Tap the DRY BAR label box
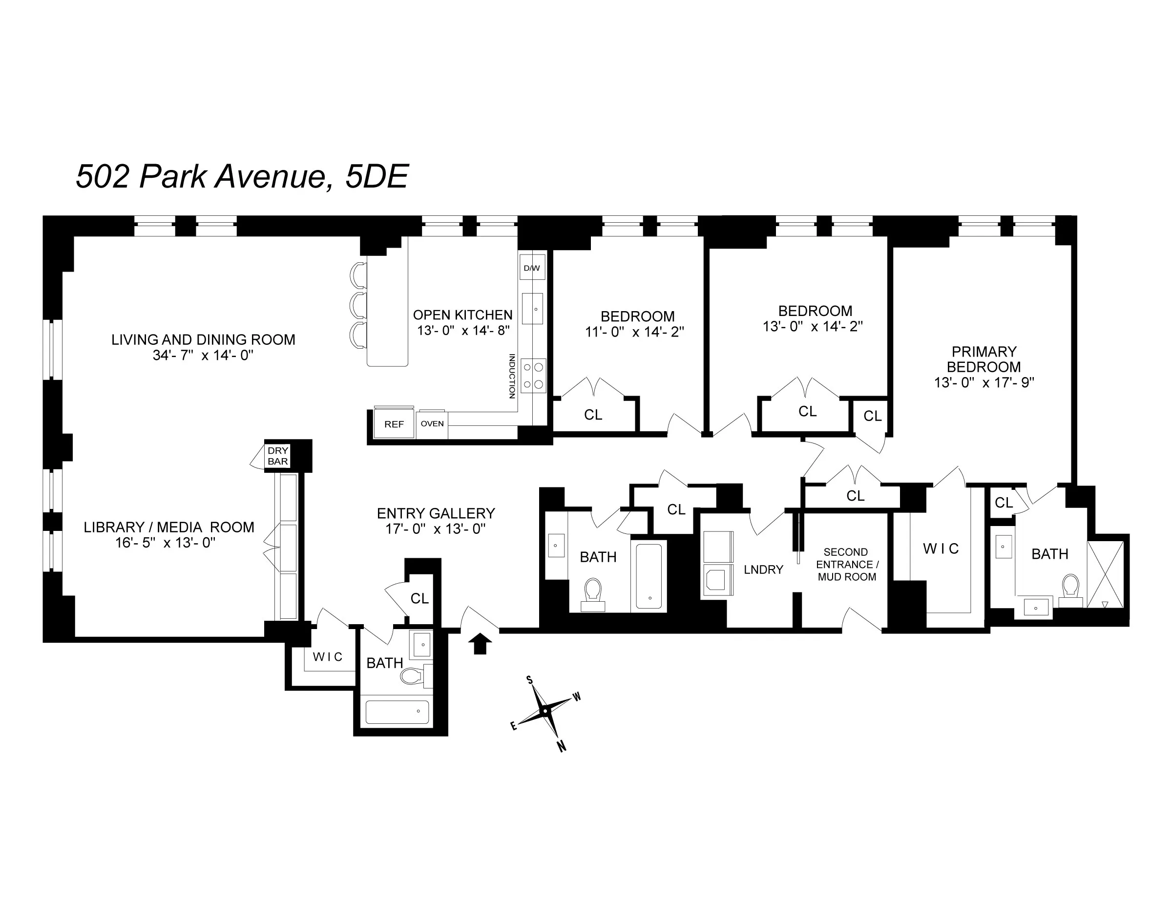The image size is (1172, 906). click(277, 456)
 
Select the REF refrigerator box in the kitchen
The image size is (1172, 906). click(394, 424)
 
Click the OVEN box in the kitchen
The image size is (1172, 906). click(432, 424)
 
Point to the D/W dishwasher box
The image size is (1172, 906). click(532, 268)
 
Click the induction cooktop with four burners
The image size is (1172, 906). click(533, 376)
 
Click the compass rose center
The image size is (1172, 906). click(545, 712)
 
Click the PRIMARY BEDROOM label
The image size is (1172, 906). click(984, 359)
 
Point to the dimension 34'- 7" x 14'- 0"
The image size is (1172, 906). click(203, 355)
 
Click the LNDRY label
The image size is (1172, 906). click(763, 569)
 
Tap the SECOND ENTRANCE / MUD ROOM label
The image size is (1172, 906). click(846, 565)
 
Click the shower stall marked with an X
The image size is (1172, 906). click(1105, 574)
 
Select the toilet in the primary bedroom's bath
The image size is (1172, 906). click(1070, 590)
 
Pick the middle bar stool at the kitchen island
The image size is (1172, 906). click(358, 306)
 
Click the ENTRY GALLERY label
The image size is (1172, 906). click(436, 514)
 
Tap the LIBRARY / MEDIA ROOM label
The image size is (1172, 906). click(168, 527)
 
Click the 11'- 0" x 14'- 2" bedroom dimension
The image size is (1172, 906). click(634, 332)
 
